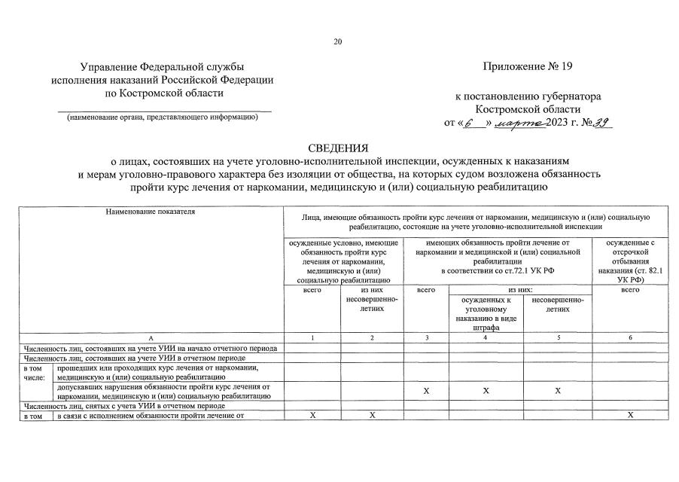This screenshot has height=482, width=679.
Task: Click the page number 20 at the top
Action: coord(339,41)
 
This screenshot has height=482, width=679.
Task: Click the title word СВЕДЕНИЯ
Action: coord(339,147)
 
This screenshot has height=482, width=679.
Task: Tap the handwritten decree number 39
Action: coord(601,123)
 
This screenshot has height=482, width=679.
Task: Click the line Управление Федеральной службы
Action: coord(163,67)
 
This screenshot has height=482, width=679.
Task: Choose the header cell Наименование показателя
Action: coord(151,212)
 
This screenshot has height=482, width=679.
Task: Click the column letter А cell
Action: coord(151,337)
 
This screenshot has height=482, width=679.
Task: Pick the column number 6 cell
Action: coord(630,337)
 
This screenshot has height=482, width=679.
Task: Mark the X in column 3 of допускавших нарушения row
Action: coord(426,391)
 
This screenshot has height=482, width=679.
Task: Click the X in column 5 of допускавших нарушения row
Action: coord(557,391)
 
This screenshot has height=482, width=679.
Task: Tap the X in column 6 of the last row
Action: coord(630,415)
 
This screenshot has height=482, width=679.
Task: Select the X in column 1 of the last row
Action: coord(312,415)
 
